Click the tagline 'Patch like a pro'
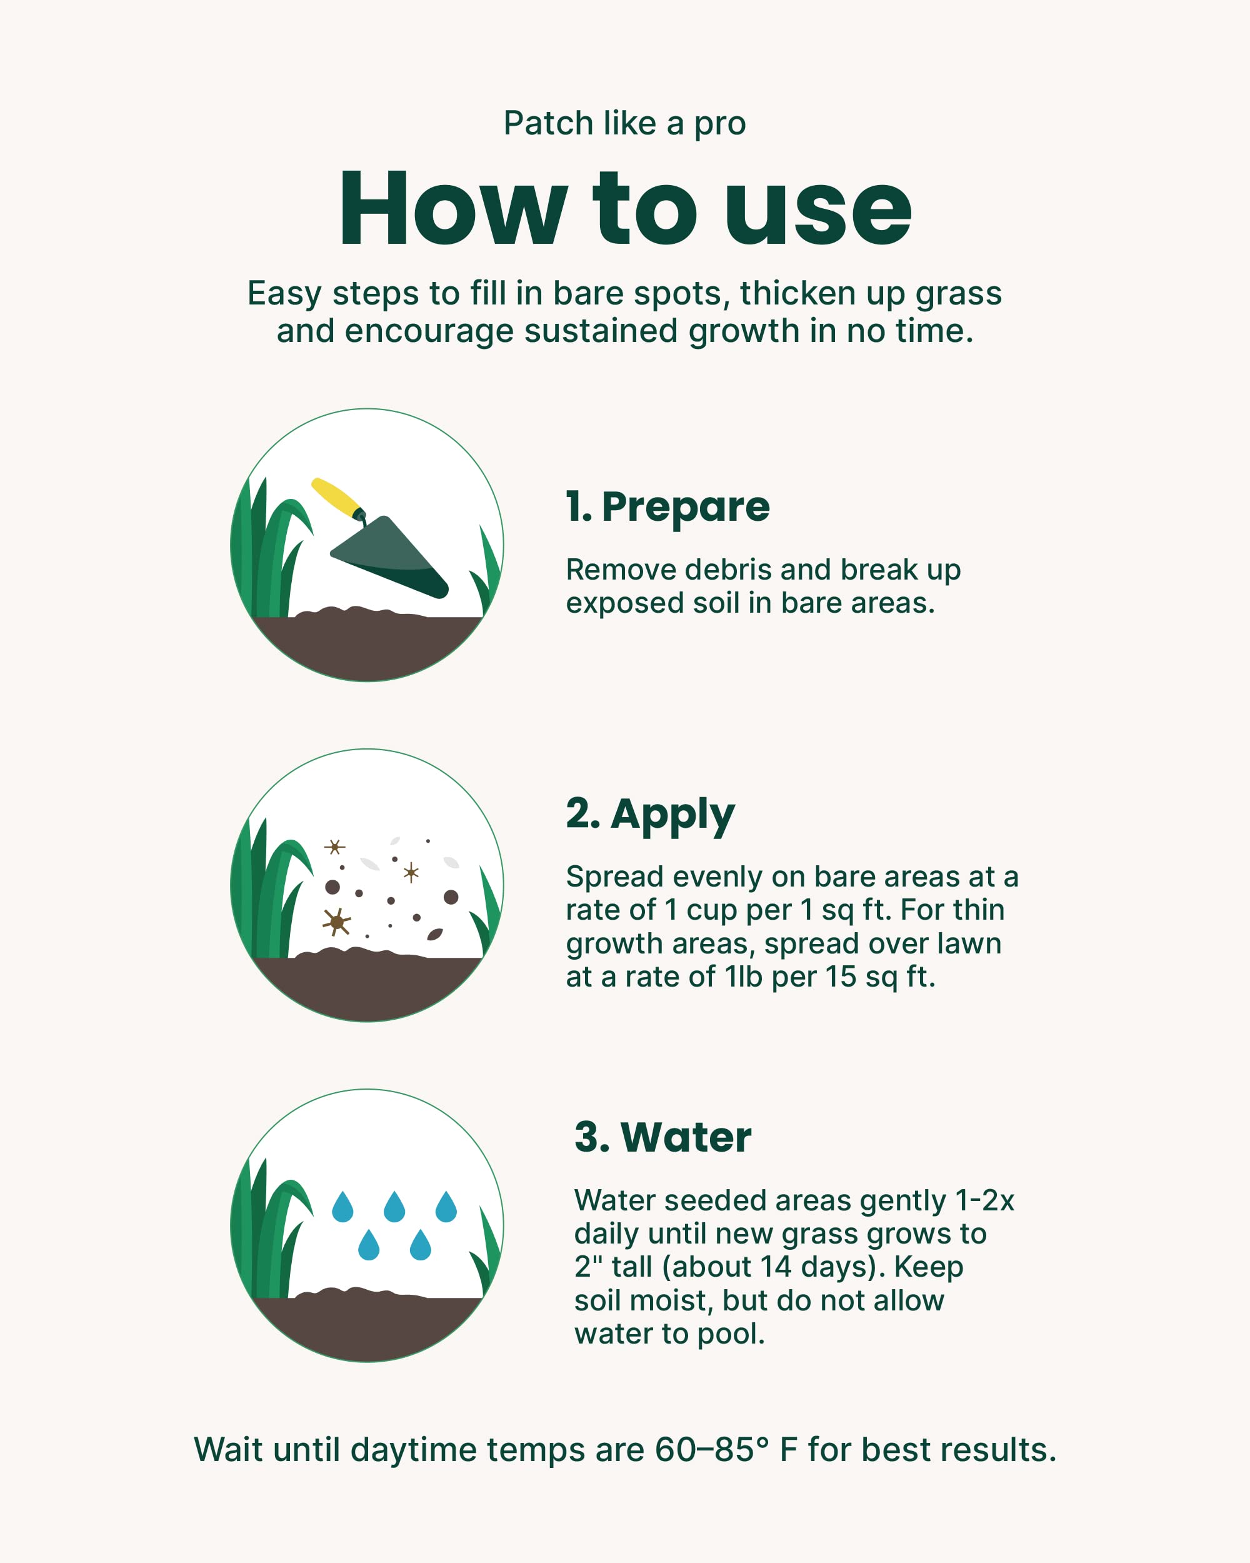624,123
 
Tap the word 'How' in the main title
453,210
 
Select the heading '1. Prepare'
667,507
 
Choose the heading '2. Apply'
650,813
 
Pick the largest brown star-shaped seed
336,922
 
